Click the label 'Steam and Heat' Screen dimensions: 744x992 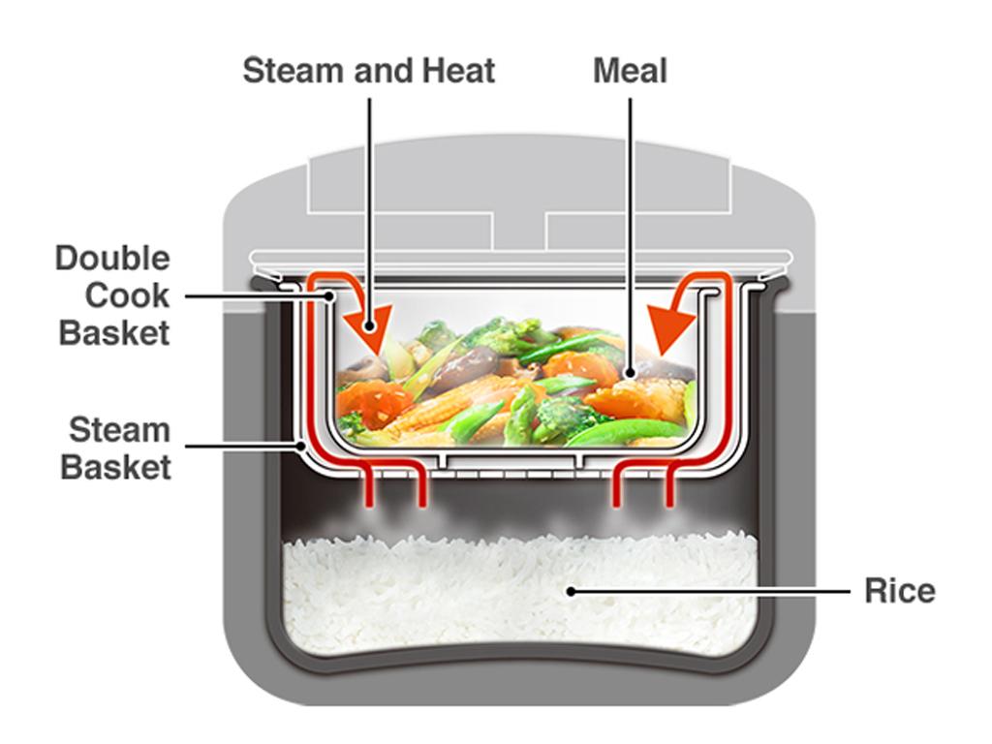click(x=368, y=71)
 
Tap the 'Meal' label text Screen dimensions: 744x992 click(x=630, y=71)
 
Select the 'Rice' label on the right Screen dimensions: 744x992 click(x=899, y=591)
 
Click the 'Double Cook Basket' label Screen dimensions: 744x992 click(x=113, y=295)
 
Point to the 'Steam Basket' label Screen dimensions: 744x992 click(x=118, y=448)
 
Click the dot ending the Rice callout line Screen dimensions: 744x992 click(x=572, y=590)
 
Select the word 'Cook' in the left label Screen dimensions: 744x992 click(x=127, y=295)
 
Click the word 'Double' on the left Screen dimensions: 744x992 click(x=112, y=259)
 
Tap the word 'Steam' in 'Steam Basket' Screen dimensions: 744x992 click(x=119, y=429)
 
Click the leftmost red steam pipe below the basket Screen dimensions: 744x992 click(x=368, y=489)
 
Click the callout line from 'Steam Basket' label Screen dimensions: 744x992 click(x=242, y=447)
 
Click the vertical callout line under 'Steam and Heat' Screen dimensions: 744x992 click(x=369, y=194)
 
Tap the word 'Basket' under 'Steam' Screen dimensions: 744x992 click(x=116, y=467)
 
